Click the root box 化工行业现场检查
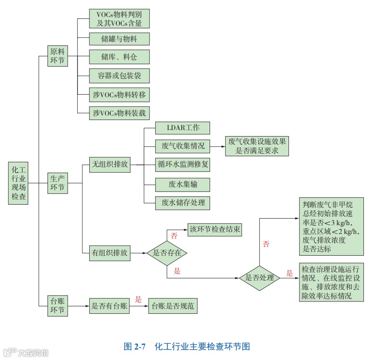tap(18, 183)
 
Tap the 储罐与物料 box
tap(119, 39)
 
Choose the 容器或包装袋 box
tap(119, 75)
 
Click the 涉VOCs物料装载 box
tap(119, 113)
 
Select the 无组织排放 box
tap(109, 165)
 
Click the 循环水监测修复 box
tap(183, 165)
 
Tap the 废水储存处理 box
tap(183, 202)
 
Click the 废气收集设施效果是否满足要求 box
tap(257, 146)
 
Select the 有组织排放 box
tap(109, 253)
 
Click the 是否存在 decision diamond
tap(167, 253)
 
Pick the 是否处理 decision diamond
tap(260, 278)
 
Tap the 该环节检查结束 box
tap(214, 229)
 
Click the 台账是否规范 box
tap(172, 306)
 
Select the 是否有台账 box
tap(109, 306)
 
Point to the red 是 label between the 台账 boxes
tap(139, 299)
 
